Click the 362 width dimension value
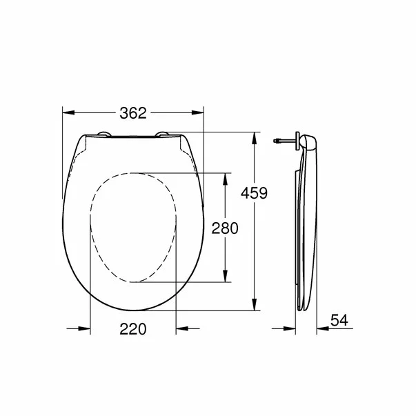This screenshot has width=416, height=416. coord(134,115)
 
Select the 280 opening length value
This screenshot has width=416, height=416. coord(225,228)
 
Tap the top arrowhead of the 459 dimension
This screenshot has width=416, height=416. coord(255,136)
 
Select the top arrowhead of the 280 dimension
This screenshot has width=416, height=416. coord(225,177)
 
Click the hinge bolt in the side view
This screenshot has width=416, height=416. coord(281,141)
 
